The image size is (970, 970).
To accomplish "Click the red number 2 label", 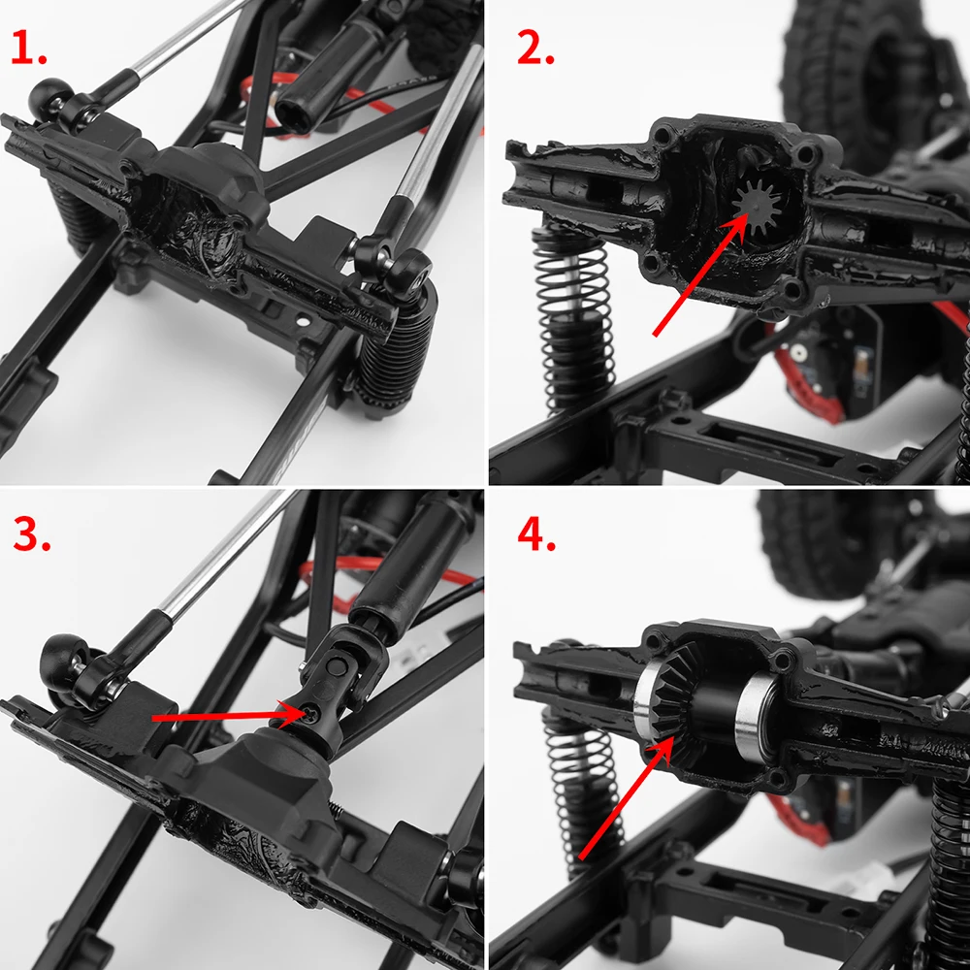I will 534,48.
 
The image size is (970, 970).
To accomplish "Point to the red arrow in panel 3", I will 223,716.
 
